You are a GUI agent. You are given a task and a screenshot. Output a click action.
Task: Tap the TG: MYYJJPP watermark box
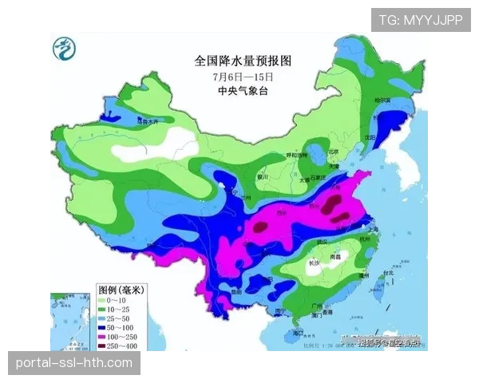(421, 19)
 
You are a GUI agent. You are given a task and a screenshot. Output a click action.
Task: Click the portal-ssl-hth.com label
(73, 363)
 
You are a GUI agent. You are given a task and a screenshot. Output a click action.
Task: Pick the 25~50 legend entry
(120, 318)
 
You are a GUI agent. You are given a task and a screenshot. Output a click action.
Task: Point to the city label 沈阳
(368, 136)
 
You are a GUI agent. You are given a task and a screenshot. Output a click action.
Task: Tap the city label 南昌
(338, 257)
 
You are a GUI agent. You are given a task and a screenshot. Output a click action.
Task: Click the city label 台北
(388, 272)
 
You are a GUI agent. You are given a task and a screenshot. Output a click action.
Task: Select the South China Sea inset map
(69, 315)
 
